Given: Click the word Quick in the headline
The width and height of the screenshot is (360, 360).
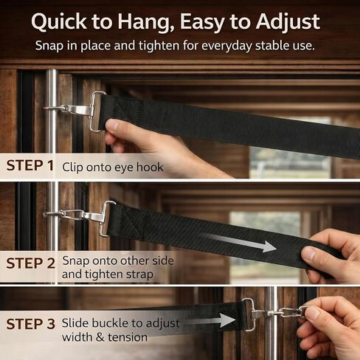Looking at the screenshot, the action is (x=59, y=22).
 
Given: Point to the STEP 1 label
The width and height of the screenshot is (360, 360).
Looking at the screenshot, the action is (x=30, y=165).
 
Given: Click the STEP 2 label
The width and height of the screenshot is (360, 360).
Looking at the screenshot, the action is (x=31, y=263).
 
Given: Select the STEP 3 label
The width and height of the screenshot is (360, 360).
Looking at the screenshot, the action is (x=31, y=324).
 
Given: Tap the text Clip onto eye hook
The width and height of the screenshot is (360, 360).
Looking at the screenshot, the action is (x=113, y=167).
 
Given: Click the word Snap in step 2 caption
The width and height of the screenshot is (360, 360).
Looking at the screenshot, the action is (x=76, y=261).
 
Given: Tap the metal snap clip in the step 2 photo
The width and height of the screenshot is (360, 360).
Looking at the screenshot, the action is (x=81, y=216).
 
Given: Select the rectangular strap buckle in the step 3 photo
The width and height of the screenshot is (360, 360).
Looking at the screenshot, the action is (x=249, y=314).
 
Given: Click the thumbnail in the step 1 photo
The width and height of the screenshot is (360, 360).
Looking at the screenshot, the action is (x=112, y=126).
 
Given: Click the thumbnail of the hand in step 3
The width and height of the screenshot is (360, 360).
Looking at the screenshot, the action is (x=313, y=313).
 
